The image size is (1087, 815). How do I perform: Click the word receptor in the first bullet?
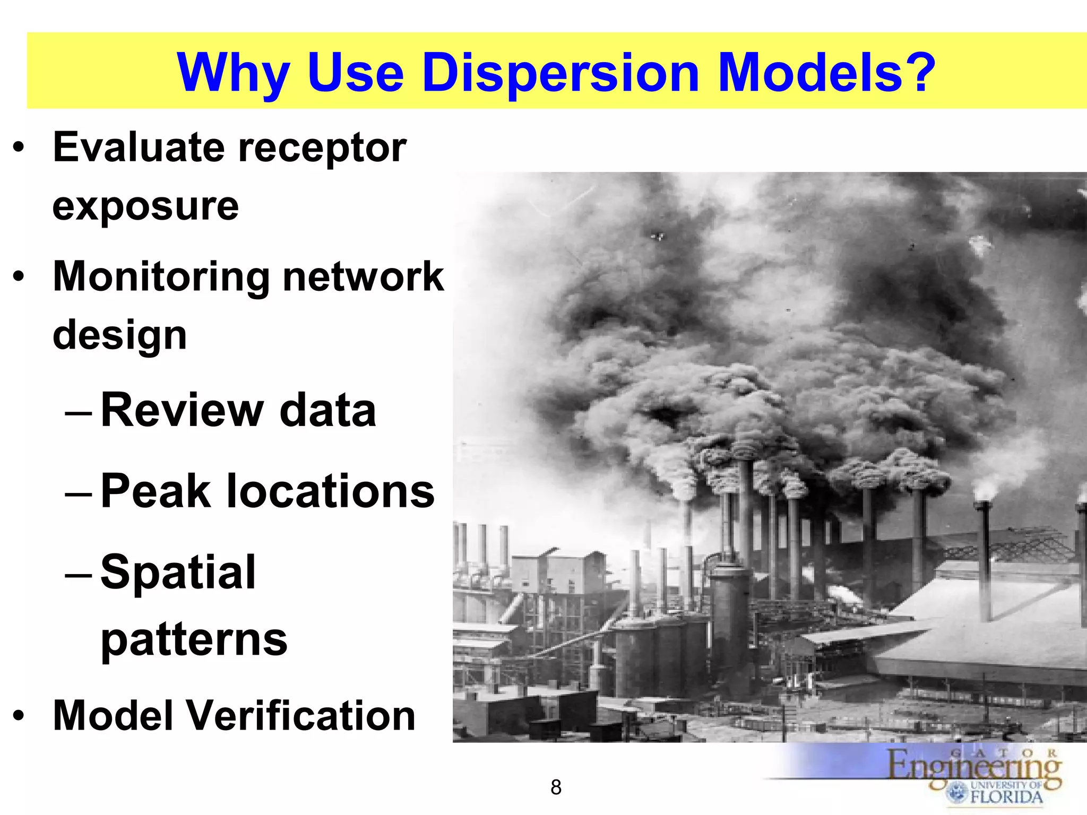pos(322,148)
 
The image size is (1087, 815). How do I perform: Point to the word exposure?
pos(145,206)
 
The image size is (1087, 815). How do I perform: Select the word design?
pos(120,336)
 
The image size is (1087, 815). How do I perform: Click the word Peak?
pos(156,491)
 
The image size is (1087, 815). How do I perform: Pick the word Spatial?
pos(178,573)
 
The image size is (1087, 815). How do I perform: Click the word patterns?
pos(194,640)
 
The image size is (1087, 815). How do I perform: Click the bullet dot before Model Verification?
pos(19,716)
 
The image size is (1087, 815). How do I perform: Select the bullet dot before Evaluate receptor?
pos(19,149)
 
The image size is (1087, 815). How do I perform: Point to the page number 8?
pos(556,787)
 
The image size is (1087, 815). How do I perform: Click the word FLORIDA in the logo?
pos(1006,796)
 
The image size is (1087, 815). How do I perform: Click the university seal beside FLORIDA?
pos(957,793)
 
